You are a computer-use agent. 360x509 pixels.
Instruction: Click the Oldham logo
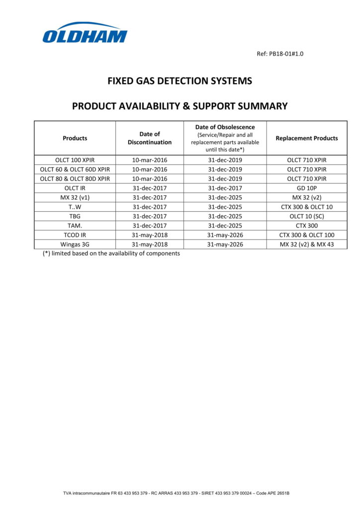click(x=85, y=33)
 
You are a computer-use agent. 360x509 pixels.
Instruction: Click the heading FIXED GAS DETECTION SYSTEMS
click(x=180, y=81)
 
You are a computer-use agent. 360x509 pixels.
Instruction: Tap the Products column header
click(x=75, y=138)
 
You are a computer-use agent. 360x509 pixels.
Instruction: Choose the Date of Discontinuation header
click(x=150, y=138)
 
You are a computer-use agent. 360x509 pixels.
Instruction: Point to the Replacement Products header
click(x=306, y=138)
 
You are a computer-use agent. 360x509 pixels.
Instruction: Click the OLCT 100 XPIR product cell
click(x=75, y=160)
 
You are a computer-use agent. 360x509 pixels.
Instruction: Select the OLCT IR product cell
click(x=75, y=188)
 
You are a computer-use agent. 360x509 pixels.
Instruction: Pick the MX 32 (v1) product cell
click(x=75, y=197)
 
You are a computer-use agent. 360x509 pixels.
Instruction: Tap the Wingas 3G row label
click(x=75, y=245)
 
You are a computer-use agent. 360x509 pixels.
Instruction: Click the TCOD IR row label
click(x=75, y=235)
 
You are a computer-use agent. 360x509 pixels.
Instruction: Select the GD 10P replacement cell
click(x=306, y=188)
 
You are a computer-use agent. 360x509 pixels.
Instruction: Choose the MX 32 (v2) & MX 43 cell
click(x=306, y=245)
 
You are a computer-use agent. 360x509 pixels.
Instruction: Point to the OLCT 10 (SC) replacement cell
click(x=306, y=216)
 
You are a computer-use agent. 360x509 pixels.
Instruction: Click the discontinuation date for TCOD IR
click(x=150, y=235)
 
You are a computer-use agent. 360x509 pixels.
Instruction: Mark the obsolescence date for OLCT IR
click(x=225, y=188)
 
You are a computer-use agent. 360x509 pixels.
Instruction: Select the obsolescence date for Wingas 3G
click(x=225, y=245)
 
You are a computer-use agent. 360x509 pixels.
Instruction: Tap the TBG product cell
click(x=75, y=216)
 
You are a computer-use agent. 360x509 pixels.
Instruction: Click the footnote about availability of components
click(x=111, y=253)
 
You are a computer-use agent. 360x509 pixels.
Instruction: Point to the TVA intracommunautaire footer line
click(x=176, y=493)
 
